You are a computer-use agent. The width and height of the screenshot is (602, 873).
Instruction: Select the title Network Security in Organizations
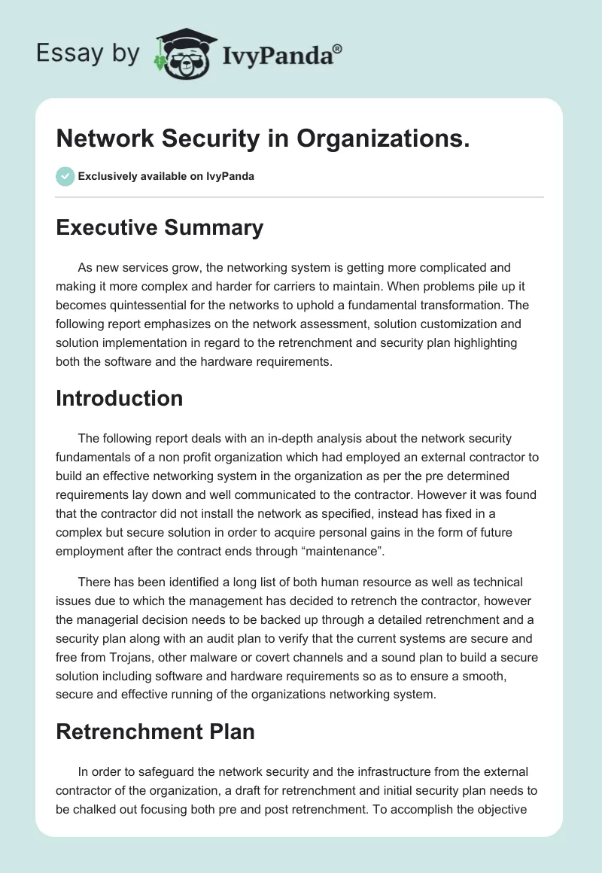[263, 138]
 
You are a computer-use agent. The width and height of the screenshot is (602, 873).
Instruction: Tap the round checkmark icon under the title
[65, 176]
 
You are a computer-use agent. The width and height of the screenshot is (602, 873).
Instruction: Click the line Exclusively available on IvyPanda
[166, 177]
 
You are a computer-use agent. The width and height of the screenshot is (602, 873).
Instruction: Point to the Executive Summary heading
[160, 227]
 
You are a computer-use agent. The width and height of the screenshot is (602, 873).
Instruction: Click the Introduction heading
[119, 398]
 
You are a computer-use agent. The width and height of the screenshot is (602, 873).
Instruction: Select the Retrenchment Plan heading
[155, 731]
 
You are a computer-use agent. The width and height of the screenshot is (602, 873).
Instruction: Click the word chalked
[103, 809]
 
